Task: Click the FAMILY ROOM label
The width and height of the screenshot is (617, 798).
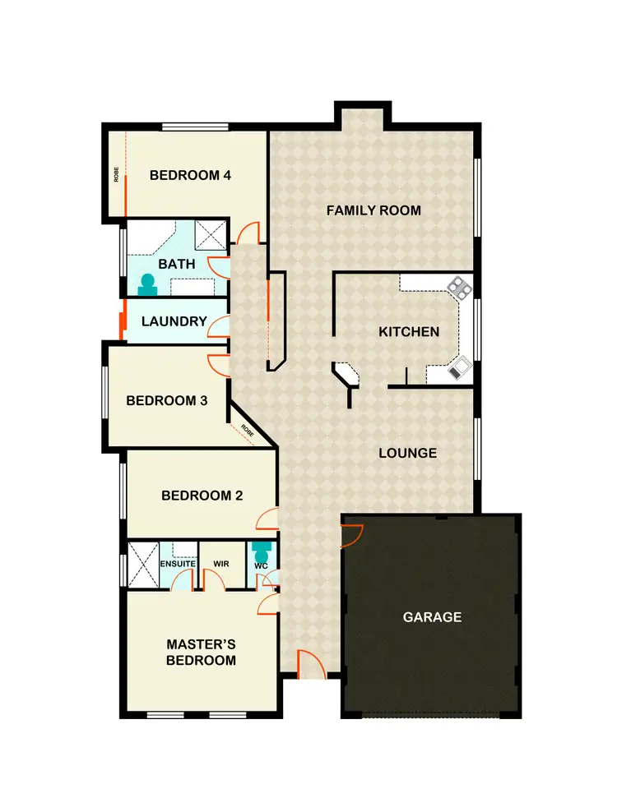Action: pos(373,210)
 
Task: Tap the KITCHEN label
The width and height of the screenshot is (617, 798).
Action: pos(409,332)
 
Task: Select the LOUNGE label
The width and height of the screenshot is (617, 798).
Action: pos(407,453)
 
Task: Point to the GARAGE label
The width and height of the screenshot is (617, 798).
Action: pos(432,617)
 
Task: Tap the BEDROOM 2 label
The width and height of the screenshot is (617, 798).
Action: pos(202,496)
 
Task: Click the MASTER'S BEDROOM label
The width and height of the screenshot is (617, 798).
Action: pos(201,653)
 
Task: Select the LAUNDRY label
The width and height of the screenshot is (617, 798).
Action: pos(174,321)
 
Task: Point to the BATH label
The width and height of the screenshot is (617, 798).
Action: pos(177,264)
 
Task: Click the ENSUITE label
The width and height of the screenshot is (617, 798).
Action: pos(178,564)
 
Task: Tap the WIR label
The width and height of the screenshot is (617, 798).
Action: pos(220,564)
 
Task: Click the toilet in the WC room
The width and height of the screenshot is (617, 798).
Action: pos(262,550)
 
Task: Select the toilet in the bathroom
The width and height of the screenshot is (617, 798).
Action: pos(149,284)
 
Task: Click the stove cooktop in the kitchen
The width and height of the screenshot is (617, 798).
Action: pos(458,287)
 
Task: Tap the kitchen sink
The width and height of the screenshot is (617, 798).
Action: pos(457,367)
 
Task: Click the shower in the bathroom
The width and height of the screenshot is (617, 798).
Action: pos(211,235)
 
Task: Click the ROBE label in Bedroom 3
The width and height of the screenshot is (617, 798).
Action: pos(247,429)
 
